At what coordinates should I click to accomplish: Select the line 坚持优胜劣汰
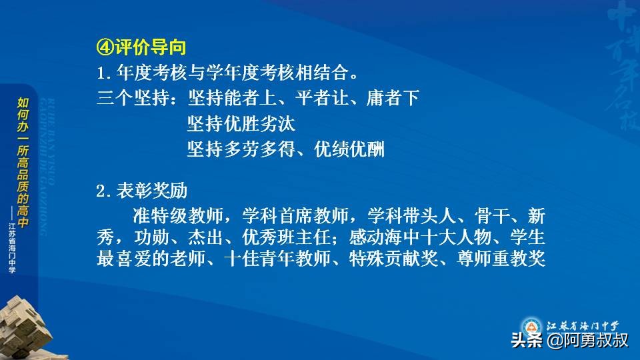[x=241, y=123]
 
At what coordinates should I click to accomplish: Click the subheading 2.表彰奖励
[x=141, y=191]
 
